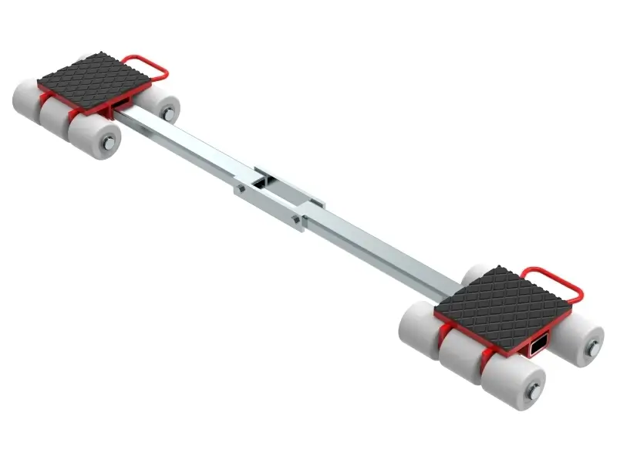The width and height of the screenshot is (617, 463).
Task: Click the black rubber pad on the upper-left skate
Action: point(108,81)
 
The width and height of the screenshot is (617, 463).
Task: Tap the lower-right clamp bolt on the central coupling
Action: point(297,223)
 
